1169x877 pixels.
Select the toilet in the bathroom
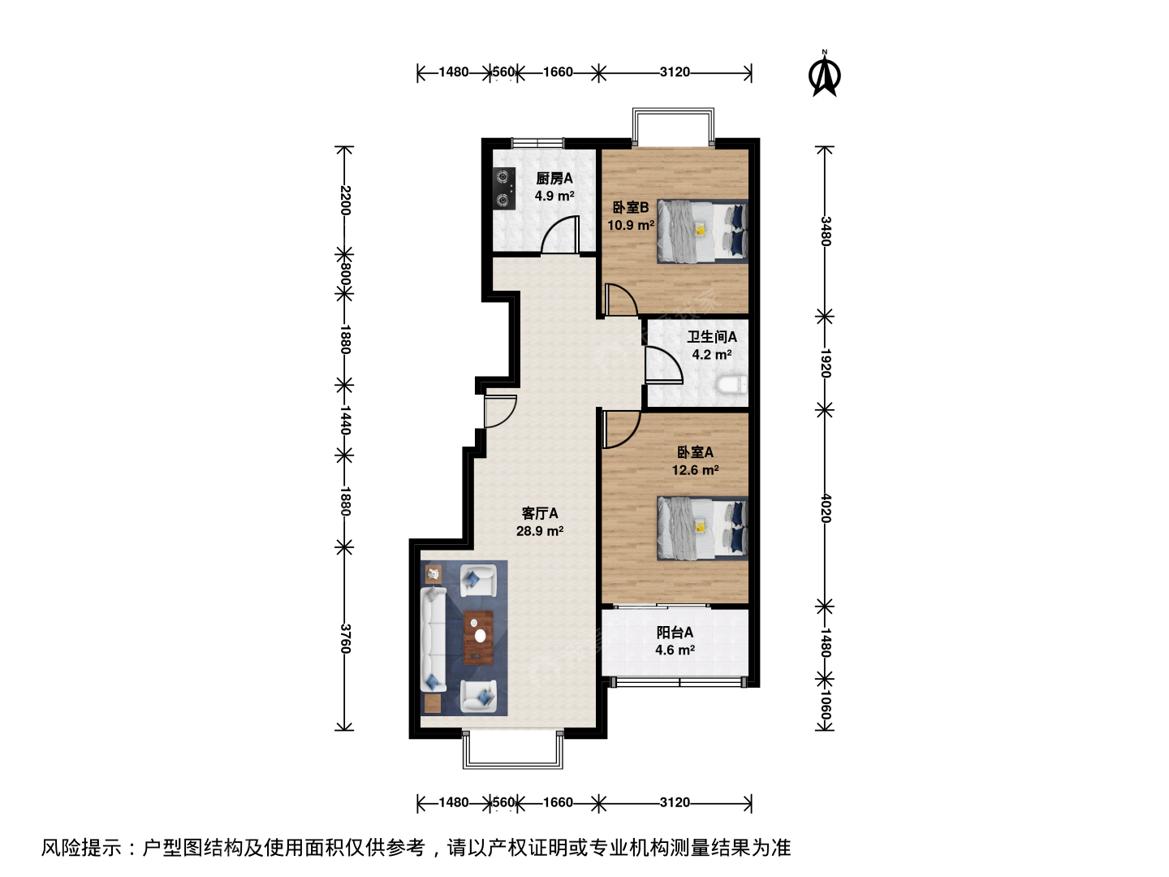(731, 385)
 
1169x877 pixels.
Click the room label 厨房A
(554, 179)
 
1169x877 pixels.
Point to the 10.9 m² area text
(631, 225)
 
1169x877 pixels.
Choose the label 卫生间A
(711, 336)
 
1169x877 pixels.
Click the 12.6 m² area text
(696, 470)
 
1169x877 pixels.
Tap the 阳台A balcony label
(675, 633)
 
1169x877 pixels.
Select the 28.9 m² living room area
(540, 531)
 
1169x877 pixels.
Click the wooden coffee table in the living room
(478, 637)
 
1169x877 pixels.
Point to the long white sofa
(433, 639)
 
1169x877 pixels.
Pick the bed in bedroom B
(702, 231)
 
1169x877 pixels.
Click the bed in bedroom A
(702, 528)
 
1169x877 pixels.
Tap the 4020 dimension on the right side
(825, 508)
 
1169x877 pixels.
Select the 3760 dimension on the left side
(344, 638)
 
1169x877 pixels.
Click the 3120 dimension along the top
(675, 72)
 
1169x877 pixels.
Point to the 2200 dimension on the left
(344, 201)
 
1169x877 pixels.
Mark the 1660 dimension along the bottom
(558, 802)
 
